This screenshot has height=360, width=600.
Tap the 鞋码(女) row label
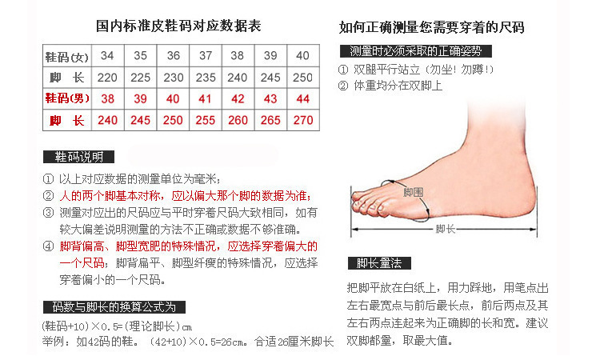(66, 56)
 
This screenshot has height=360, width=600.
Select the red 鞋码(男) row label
(66, 98)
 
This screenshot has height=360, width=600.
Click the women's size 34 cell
(107, 56)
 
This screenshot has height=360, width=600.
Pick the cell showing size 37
(206, 56)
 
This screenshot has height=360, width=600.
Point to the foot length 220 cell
(107, 78)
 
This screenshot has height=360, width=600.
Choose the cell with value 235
(206, 78)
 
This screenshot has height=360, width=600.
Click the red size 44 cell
(303, 98)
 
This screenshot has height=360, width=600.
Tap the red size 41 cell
(206, 98)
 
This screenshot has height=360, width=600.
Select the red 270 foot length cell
(303, 120)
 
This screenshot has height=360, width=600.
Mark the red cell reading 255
(206, 120)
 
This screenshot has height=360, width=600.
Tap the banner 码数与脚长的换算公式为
(114, 307)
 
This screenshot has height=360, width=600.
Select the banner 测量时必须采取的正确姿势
(415, 51)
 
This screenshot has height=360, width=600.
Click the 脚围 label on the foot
(414, 193)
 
